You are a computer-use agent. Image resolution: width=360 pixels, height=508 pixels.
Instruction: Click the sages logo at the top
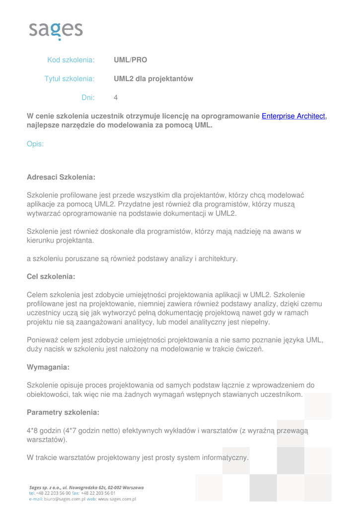(x=56, y=30)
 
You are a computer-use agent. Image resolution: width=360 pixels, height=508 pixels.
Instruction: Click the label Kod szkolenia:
(x=71, y=60)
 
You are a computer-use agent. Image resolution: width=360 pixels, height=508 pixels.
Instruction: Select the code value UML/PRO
(x=131, y=60)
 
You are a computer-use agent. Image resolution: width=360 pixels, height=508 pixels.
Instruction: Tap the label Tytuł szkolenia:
(x=70, y=79)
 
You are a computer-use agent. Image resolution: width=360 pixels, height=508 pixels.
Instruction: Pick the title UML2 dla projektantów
(x=153, y=79)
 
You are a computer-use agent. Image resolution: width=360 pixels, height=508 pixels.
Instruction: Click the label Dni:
(x=88, y=98)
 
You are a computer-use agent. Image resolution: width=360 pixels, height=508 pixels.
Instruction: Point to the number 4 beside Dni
(x=116, y=98)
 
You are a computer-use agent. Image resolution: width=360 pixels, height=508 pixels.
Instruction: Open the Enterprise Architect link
(x=293, y=116)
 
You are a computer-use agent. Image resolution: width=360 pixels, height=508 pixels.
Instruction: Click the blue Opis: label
(x=35, y=144)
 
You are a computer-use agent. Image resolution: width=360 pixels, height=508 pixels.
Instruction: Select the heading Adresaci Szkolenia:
(x=61, y=177)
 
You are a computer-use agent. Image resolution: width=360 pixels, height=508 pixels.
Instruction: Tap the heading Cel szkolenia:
(x=51, y=276)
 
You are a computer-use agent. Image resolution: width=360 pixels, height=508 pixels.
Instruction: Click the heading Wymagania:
(x=48, y=368)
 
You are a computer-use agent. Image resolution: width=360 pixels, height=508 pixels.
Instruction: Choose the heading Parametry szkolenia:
(x=63, y=412)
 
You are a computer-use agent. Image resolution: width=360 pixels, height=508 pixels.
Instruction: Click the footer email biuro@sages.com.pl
(x=61, y=499)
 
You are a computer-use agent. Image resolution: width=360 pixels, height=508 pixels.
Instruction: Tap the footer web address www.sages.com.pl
(x=117, y=499)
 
